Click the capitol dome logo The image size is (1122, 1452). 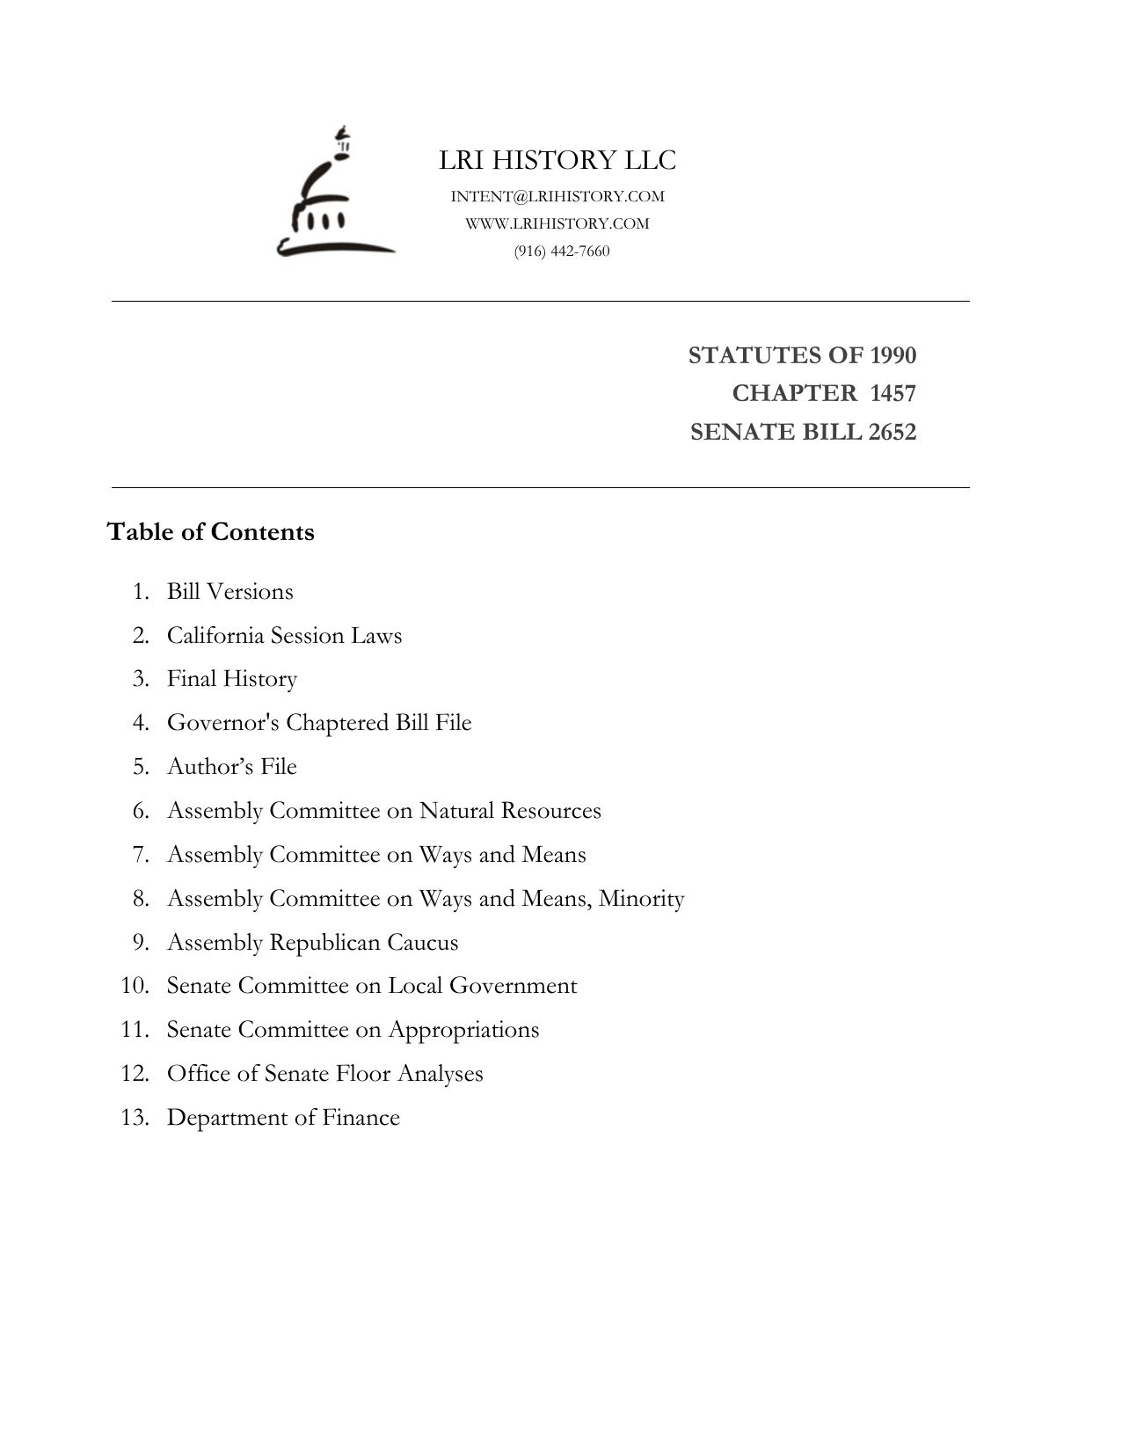click(x=335, y=193)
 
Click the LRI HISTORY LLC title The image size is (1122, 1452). click(x=557, y=160)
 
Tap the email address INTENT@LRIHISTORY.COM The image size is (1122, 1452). click(x=557, y=196)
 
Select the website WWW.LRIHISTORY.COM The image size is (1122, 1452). click(x=557, y=223)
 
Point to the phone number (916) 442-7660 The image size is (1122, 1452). click(x=562, y=251)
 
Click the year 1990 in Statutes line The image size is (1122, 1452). click(x=892, y=355)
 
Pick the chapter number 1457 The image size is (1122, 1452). click(x=892, y=393)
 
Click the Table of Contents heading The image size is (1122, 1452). click(x=211, y=532)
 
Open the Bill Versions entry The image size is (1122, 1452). click(x=230, y=591)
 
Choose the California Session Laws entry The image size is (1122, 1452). click(x=284, y=635)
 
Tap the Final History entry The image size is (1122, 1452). click(x=232, y=679)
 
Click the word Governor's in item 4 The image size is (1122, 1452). click(x=223, y=723)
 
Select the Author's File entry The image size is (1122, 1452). click(x=232, y=767)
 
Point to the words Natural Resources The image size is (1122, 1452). click(x=510, y=810)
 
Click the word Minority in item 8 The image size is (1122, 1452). click(x=641, y=899)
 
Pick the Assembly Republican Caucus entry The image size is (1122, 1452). click(x=312, y=942)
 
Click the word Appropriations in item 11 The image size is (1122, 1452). click(x=463, y=1030)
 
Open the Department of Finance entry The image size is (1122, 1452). click(x=283, y=1118)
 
